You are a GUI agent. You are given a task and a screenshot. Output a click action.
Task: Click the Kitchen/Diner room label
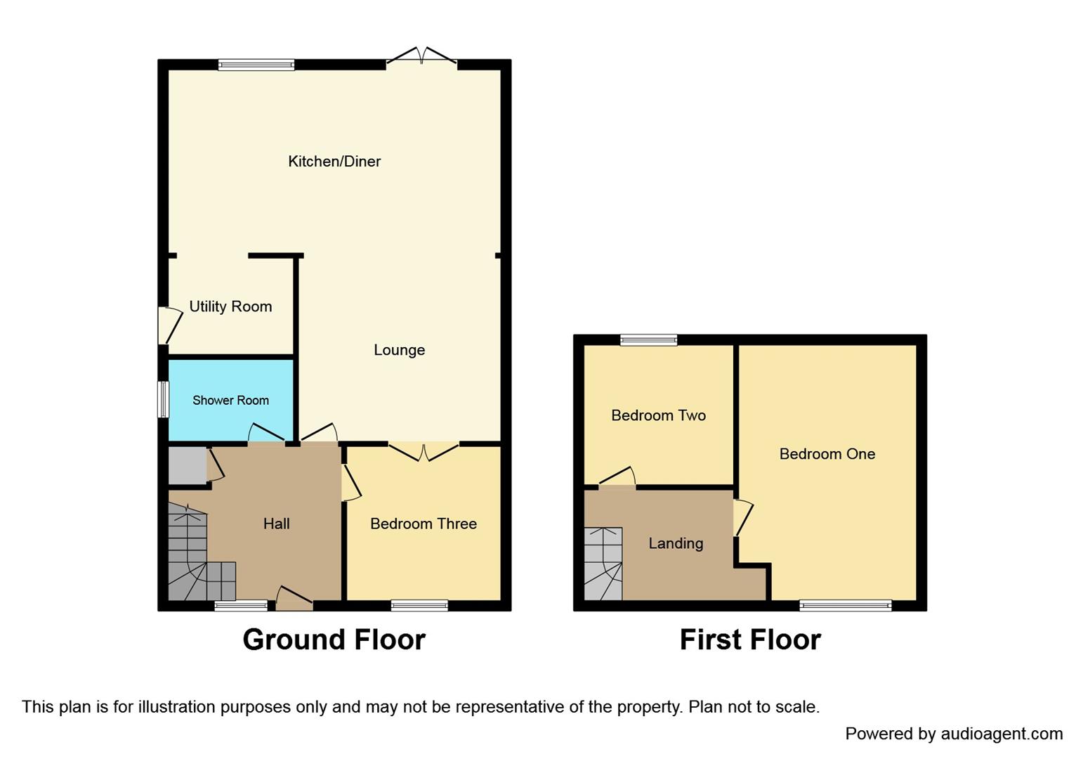pyautogui.click(x=334, y=162)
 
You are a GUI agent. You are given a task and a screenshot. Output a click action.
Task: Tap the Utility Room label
pyautogui.click(x=230, y=306)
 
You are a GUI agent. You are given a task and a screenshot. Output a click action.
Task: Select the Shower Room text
pyautogui.click(x=230, y=401)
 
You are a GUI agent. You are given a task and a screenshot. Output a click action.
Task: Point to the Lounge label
pyautogui.click(x=399, y=350)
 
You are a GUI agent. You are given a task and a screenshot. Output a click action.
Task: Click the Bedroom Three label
pyautogui.click(x=424, y=524)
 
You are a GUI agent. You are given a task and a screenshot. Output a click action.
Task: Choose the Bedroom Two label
pyautogui.click(x=658, y=415)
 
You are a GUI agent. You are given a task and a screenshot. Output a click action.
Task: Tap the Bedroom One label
pyautogui.click(x=827, y=454)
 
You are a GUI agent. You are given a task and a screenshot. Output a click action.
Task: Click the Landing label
pyautogui.click(x=676, y=543)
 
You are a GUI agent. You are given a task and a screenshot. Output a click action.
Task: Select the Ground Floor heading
pyautogui.click(x=334, y=640)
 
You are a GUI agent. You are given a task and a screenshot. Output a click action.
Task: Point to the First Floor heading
pyautogui.click(x=750, y=640)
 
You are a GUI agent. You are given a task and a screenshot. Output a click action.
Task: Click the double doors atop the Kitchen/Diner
pyautogui.click(x=421, y=58)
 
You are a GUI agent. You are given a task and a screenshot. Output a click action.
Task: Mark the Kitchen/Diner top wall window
pyautogui.click(x=256, y=65)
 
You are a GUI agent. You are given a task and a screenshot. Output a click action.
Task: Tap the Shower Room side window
pyautogui.click(x=163, y=399)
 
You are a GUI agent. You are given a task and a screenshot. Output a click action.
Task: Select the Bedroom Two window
pyautogui.click(x=648, y=340)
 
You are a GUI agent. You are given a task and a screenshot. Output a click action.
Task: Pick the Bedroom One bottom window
pyautogui.click(x=845, y=605)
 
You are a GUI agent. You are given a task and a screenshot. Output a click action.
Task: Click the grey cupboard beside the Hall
pyautogui.click(x=187, y=465)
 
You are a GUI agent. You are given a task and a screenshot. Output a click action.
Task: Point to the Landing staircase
pyautogui.click(x=603, y=564)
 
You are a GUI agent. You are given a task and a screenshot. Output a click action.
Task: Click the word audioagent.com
pyautogui.click(x=1002, y=734)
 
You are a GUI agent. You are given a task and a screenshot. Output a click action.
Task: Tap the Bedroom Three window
pyautogui.click(x=419, y=605)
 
